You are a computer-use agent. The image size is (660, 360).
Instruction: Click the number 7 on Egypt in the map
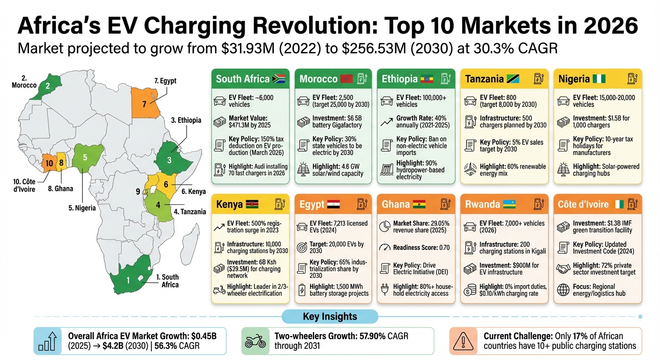(x=144, y=104)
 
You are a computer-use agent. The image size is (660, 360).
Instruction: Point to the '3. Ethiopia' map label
(x=186, y=120)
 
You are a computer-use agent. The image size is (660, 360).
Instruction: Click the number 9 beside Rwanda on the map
(x=137, y=191)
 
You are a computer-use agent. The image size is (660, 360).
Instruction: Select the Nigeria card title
(x=574, y=79)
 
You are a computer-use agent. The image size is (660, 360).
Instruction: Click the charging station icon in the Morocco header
(x=361, y=79)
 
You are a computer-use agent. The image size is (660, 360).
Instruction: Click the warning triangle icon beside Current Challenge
(x=464, y=341)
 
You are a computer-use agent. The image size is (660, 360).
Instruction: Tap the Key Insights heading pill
(x=330, y=316)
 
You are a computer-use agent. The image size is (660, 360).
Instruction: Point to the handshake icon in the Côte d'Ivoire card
(x=562, y=269)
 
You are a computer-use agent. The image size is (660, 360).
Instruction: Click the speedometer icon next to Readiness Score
(x=385, y=247)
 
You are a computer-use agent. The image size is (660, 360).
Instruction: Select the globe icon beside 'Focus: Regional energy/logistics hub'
(x=563, y=290)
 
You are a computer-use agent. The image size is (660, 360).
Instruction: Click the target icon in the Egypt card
(x=303, y=247)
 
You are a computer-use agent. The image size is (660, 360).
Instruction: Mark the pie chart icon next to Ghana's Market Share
(x=385, y=226)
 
